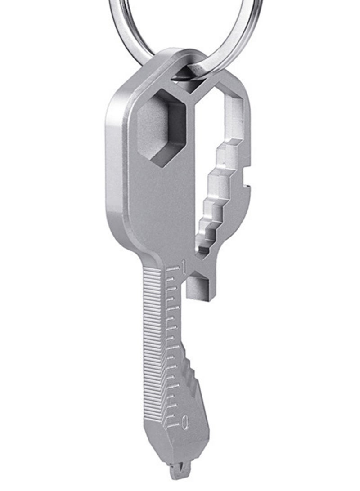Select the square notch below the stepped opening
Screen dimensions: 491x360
point(198,288)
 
